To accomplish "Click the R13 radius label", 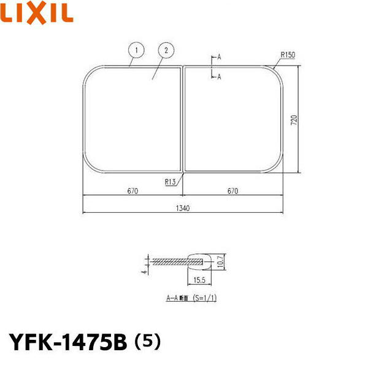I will (x=171, y=181).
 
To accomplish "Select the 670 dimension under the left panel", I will (x=132, y=191).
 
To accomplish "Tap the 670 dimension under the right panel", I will (x=232, y=191).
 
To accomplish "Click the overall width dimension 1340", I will (x=182, y=208).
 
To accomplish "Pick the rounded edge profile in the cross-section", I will (x=201, y=261).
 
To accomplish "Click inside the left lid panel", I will (x=132, y=120).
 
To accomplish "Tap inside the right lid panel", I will (x=233, y=120).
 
